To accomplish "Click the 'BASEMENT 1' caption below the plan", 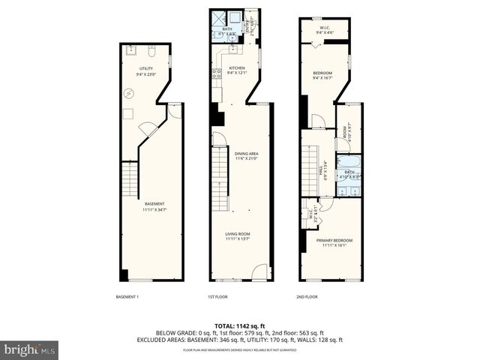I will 127,297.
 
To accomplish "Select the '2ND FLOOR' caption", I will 307,297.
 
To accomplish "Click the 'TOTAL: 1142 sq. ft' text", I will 239,325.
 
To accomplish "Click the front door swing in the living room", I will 259,273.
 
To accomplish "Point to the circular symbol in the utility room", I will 128,93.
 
